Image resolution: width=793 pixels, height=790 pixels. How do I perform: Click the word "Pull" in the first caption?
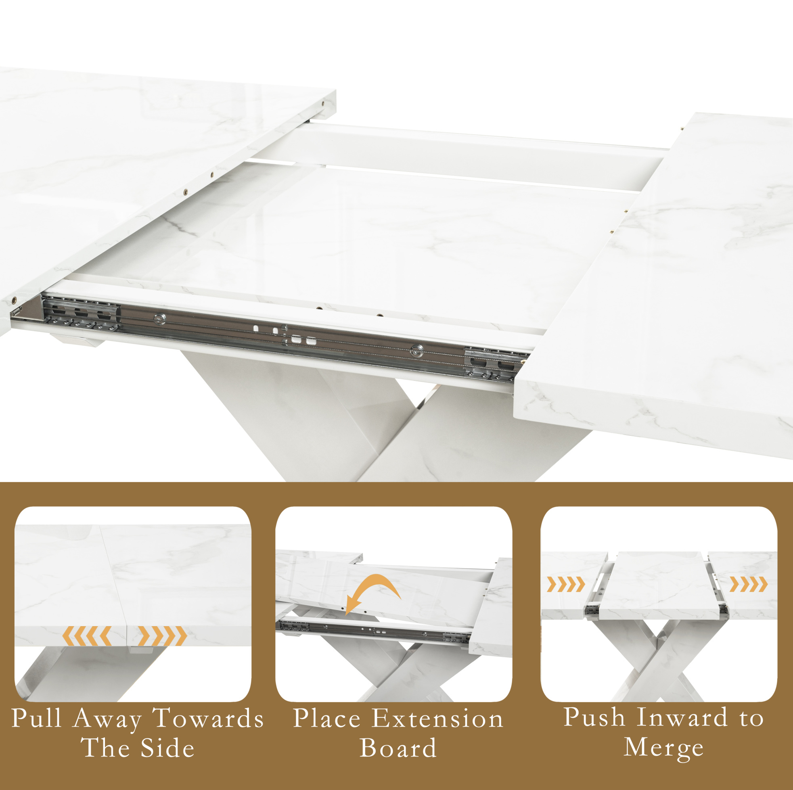37,718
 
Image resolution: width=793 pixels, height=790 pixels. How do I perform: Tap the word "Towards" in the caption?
209,718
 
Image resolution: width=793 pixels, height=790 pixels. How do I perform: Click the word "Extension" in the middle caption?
437,718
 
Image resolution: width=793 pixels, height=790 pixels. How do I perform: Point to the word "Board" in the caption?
398,748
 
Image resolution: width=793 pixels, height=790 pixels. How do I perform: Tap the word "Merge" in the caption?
664,748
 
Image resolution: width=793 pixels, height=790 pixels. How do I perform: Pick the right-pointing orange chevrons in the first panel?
163,636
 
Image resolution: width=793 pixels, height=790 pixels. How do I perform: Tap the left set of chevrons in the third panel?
566,584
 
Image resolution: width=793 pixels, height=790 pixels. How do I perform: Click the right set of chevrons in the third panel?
748,584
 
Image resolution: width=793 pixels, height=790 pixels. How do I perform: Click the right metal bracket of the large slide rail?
492,364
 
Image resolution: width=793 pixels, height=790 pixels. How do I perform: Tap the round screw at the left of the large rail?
160,318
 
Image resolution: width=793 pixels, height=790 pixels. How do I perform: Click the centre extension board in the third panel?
659,586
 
